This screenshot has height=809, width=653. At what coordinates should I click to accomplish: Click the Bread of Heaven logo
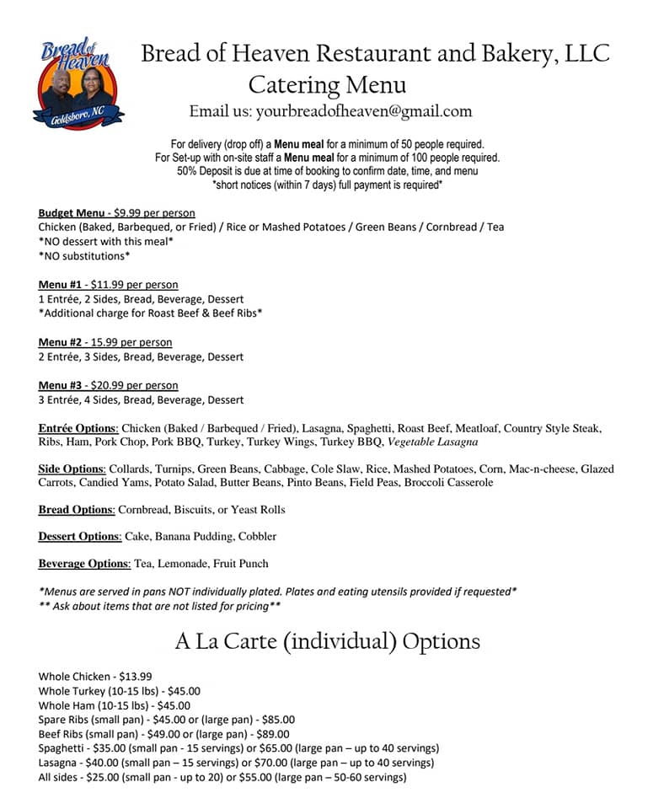click(78, 83)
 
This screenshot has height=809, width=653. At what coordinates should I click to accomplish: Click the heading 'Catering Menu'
click(328, 85)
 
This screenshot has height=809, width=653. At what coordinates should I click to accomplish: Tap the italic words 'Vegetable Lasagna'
click(432, 442)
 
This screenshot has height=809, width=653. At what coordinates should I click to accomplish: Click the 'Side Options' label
click(71, 469)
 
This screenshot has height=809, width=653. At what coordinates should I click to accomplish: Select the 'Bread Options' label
click(76, 510)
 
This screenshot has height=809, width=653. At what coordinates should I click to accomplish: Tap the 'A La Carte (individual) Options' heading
click(327, 641)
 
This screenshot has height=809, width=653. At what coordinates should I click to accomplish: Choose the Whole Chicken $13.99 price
click(136, 677)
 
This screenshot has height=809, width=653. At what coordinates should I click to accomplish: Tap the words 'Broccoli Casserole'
click(448, 483)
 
